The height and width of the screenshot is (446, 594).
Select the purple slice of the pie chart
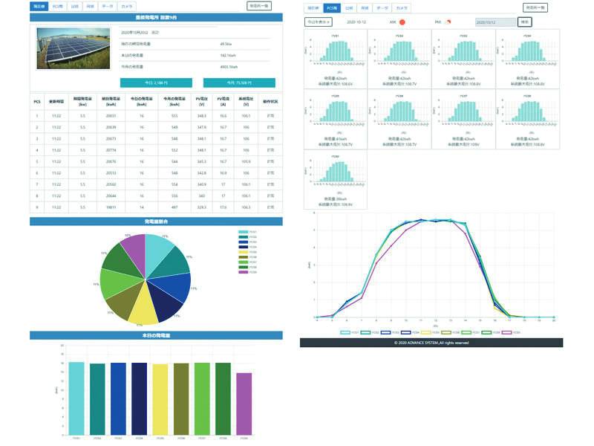click(133, 250)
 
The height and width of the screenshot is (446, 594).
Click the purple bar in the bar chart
click(244, 404)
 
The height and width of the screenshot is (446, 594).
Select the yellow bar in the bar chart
click(160, 399)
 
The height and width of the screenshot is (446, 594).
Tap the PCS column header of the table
click(36, 100)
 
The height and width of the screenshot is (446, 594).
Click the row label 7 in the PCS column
click(36, 184)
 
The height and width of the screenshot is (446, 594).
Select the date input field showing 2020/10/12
click(495, 22)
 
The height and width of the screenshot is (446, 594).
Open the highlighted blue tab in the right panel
click(332, 7)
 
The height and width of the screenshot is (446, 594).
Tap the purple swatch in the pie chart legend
click(243, 272)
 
